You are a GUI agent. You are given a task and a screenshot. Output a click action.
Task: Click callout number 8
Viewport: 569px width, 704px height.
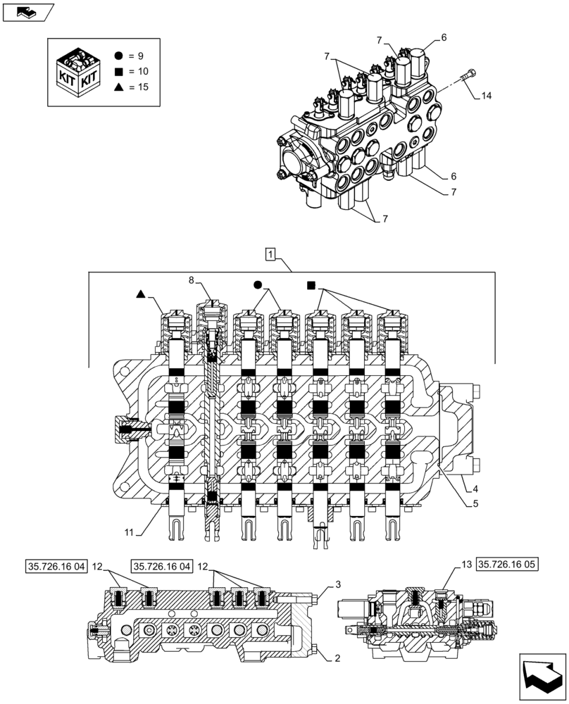point(191,280)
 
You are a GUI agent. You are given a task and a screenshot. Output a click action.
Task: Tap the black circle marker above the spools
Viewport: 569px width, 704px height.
point(258,285)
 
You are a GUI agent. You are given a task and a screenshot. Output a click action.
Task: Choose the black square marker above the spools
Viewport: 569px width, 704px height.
point(311,285)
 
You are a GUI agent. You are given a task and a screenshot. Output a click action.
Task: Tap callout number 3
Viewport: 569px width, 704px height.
point(338,584)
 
